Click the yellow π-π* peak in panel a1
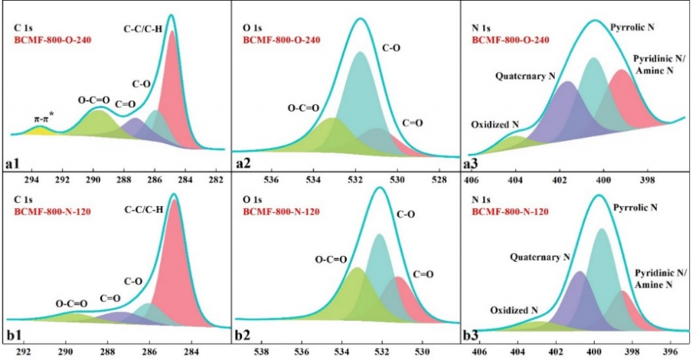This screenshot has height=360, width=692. pyautogui.click(x=39, y=130)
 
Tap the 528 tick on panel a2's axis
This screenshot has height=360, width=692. pyautogui.click(x=439, y=180)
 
